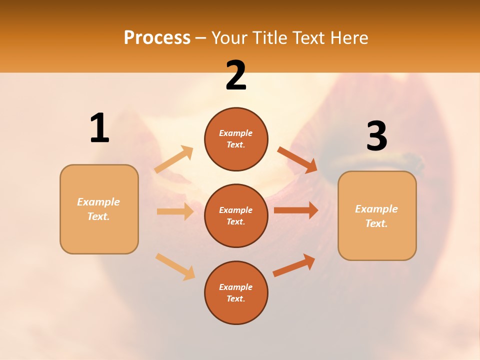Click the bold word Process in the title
click(x=157, y=38)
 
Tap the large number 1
click(x=99, y=128)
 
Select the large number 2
click(x=236, y=75)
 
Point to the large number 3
click(x=377, y=136)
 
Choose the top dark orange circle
click(x=236, y=139)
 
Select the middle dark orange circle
click(x=236, y=215)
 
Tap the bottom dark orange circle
click(x=236, y=292)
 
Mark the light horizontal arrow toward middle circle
click(x=175, y=211)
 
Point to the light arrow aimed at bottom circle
click(x=175, y=266)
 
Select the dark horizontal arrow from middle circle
click(x=296, y=210)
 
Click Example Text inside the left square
click(x=99, y=209)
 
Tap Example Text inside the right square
click(x=377, y=216)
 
